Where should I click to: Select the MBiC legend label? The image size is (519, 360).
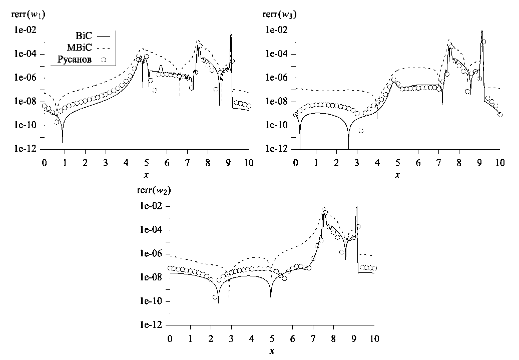[80, 48]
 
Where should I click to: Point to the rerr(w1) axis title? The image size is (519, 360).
[25, 14]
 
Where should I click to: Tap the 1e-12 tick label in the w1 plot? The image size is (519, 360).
[23, 149]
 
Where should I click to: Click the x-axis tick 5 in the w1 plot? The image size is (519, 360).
[146, 164]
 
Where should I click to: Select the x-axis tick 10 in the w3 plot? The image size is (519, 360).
[499, 164]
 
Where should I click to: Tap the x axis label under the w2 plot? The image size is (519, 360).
[272, 351]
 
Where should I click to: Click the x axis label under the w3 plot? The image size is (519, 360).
[397, 175]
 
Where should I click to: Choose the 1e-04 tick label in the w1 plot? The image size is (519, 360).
[23, 54]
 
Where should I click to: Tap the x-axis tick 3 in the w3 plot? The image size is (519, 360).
[357, 164]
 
